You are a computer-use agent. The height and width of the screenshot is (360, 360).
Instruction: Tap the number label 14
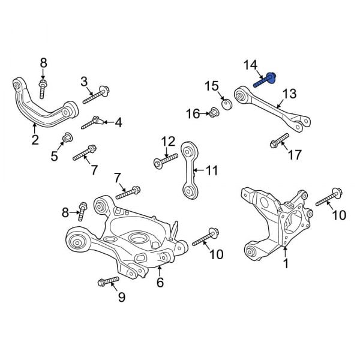click(x=250, y=65)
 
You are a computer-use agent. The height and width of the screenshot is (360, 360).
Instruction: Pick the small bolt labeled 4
click(x=92, y=123)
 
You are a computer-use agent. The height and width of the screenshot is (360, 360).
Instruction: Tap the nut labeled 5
click(x=67, y=140)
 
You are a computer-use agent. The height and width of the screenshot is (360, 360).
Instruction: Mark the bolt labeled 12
click(x=165, y=160)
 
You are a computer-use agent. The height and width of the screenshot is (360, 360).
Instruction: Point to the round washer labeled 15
click(x=227, y=104)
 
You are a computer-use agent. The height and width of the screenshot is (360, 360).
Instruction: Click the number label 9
click(x=121, y=296)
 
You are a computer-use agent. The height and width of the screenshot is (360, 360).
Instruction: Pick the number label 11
click(x=212, y=171)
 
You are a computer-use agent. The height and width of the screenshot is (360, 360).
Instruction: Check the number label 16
click(x=192, y=114)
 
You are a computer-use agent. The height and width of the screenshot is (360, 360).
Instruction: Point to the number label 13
click(x=289, y=94)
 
